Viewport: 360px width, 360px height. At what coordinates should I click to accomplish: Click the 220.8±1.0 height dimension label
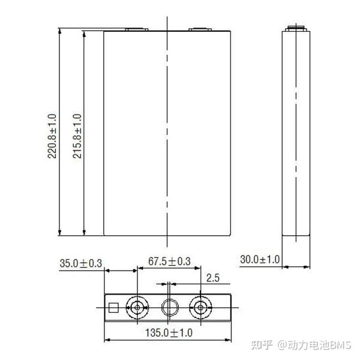[52, 136]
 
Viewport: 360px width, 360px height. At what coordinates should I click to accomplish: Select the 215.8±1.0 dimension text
[77, 136]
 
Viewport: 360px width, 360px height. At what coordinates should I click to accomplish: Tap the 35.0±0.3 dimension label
[80, 263]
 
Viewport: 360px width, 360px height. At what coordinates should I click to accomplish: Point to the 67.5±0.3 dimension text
[169, 261]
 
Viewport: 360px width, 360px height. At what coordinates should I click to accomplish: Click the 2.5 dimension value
[213, 278]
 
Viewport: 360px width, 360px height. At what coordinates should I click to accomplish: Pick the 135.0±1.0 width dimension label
[169, 332]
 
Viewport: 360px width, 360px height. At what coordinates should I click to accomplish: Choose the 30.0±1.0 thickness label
[260, 259]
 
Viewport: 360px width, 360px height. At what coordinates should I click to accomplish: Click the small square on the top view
[113, 308]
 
